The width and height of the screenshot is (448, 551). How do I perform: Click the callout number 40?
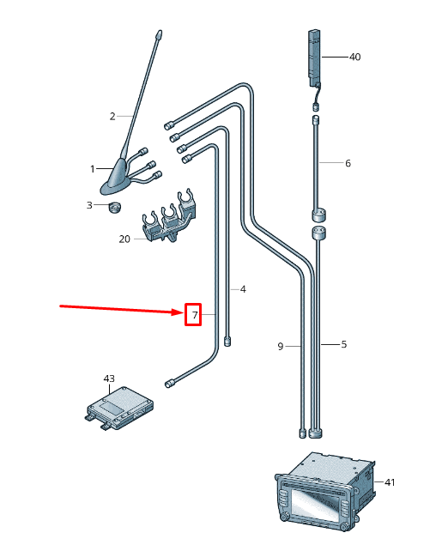tap(355, 57)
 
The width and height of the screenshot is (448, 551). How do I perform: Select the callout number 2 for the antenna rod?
tap(112, 116)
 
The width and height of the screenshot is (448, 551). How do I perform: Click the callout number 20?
tap(124, 239)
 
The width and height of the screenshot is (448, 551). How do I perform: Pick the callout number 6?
tap(348, 163)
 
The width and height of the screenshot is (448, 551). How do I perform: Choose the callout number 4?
tap(243, 289)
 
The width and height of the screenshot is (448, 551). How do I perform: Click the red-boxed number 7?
tap(194, 316)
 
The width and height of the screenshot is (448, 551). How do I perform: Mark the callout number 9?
tap(280, 346)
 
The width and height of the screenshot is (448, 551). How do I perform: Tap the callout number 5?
tap(343, 345)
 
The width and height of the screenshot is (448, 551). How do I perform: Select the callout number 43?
tap(109, 378)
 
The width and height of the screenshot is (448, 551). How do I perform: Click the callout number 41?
tap(390, 482)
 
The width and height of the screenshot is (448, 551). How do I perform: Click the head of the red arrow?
tap(181, 314)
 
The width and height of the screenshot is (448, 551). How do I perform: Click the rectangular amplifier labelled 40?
tap(314, 57)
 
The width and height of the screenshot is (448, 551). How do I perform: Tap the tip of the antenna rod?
tap(159, 35)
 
